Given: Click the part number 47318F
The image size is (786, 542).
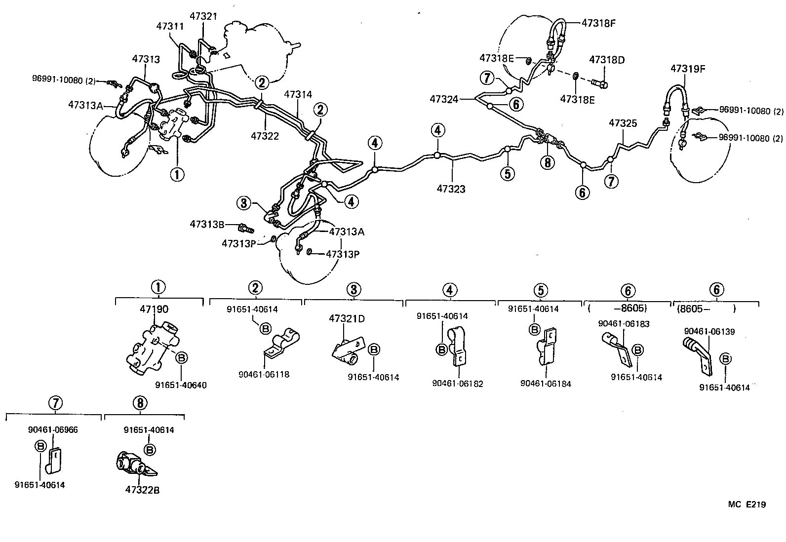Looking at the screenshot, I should pos(599,23).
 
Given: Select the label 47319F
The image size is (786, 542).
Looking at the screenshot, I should pos(687,69).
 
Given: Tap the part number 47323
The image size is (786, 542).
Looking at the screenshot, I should pos(451,189).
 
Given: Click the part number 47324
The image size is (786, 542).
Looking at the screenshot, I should pos(444,99).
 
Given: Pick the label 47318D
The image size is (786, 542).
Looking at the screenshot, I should pos(607,60).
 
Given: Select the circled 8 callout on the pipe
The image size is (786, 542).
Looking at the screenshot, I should pos(547,162).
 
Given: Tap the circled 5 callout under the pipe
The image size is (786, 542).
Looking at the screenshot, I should pos(507,173).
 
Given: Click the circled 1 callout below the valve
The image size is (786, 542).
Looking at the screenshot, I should pos(177,174).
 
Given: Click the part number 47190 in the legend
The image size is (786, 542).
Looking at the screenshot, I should pos(154,310).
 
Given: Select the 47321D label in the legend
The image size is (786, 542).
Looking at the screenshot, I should pos(347,319).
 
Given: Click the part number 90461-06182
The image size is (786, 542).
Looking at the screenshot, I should pos(457,384).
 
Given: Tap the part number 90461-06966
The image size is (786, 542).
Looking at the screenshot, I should pos(53,430).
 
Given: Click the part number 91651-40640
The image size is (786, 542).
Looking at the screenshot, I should pos(181,386).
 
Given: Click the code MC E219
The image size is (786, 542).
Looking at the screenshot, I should pos(747,504).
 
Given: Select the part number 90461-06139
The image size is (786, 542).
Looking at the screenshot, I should pos(709,332).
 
